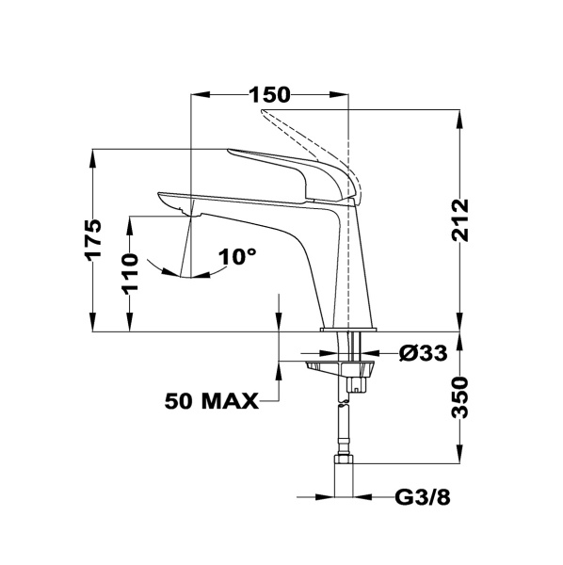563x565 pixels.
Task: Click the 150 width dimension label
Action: [x=270, y=94]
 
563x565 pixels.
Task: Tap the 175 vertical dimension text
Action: [x=92, y=240]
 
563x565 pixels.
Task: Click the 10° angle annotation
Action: [x=237, y=256]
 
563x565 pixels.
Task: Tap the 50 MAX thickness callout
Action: [x=211, y=402]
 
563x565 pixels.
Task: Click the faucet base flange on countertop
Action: [x=349, y=330]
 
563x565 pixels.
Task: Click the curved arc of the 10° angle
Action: [x=202, y=275]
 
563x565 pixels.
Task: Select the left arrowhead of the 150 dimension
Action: [x=199, y=94]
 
